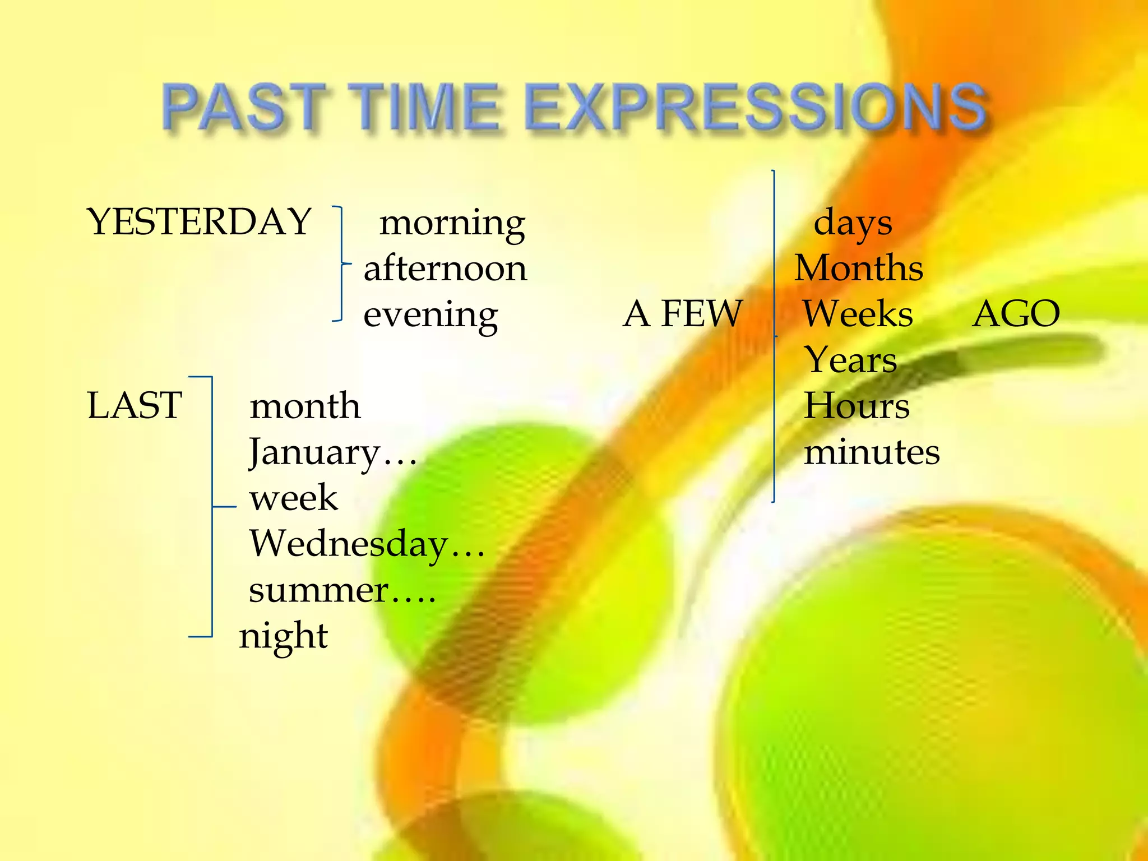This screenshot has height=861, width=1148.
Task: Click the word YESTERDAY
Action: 199,221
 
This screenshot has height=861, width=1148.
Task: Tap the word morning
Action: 452,223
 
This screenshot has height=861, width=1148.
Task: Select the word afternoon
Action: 445,269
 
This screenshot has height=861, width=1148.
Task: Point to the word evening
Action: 430,315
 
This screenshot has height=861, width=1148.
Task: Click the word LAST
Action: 135,405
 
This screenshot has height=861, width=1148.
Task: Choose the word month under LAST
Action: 304,406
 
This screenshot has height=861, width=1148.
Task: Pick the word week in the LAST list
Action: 293,498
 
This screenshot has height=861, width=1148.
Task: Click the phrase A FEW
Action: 683,313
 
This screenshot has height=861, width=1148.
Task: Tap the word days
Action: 852,223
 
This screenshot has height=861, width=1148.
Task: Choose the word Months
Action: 859,268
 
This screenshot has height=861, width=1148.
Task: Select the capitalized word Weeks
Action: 858,313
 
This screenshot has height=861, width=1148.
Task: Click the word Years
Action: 850,359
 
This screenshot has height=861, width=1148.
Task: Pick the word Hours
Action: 857,405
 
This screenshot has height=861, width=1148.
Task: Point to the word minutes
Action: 872,452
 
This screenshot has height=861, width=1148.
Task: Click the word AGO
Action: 1016,313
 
